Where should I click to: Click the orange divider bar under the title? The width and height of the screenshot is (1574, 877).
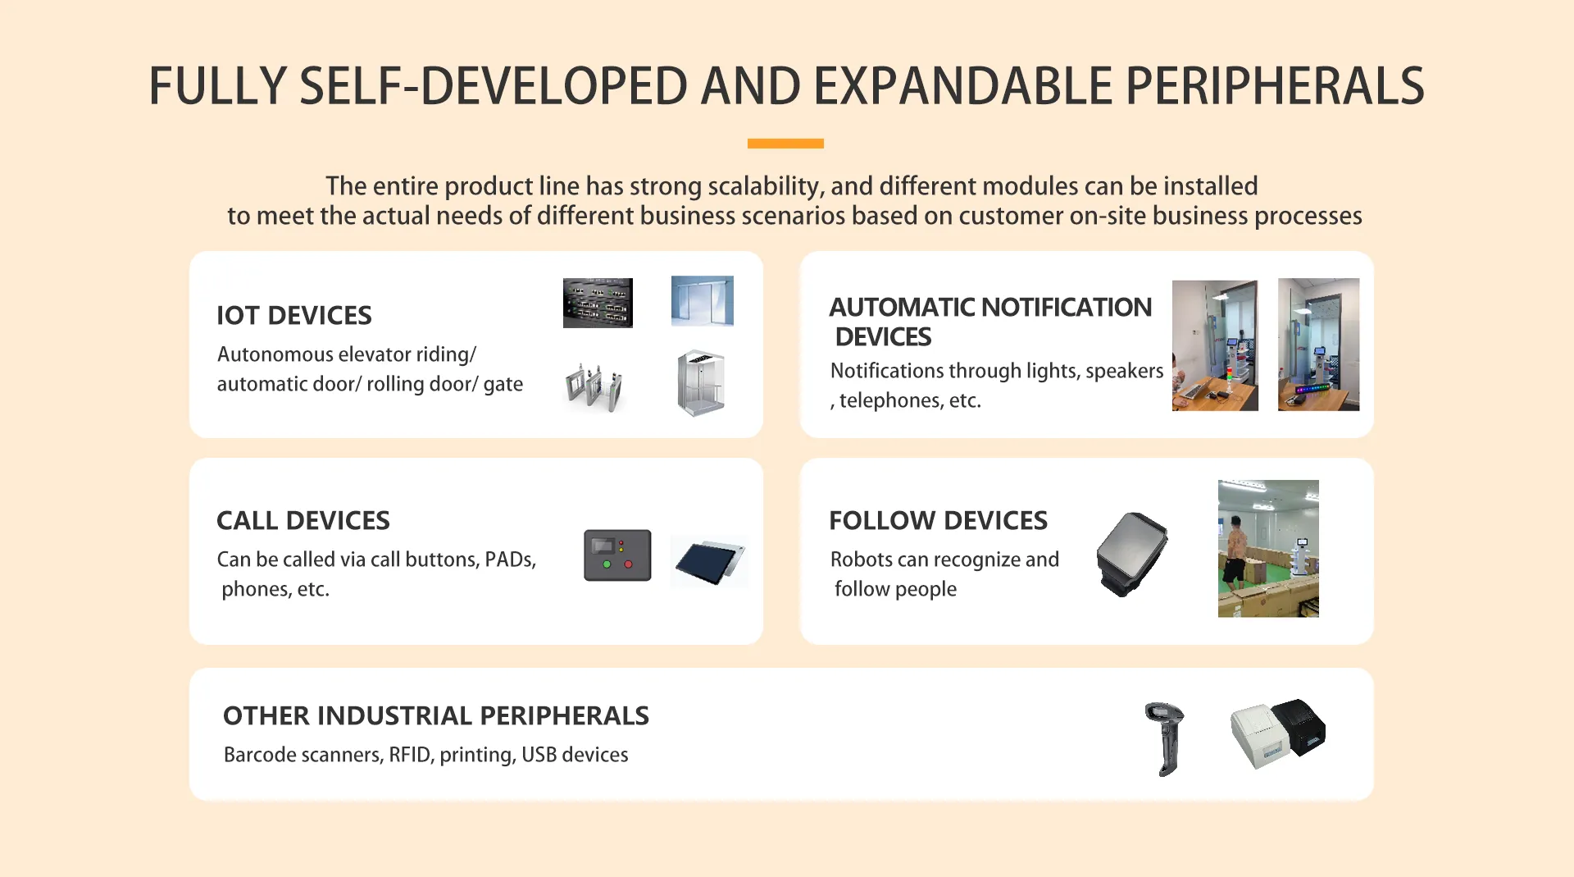(x=785, y=144)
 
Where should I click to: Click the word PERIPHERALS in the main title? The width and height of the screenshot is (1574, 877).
(x=1275, y=86)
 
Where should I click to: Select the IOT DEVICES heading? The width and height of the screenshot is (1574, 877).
(x=294, y=315)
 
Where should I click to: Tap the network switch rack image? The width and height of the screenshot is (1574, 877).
(x=598, y=303)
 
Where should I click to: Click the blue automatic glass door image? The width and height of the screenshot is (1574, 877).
(x=703, y=301)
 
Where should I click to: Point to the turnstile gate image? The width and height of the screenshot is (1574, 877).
(x=594, y=386)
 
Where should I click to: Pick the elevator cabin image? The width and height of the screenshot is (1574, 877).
(x=701, y=383)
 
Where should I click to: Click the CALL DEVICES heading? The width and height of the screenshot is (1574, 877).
(x=303, y=520)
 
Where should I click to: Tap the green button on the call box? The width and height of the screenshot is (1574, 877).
(x=607, y=564)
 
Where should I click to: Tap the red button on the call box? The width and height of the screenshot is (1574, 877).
(x=629, y=564)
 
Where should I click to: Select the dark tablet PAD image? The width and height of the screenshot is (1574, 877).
(x=709, y=562)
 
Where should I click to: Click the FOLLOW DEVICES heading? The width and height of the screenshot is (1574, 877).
(x=939, y=520)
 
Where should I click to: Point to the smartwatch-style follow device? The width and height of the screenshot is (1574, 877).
(x=1132, y=554)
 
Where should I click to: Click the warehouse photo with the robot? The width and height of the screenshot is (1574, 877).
(x=1268, y=548)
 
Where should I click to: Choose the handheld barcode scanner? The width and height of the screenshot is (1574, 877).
(x=1165, y=738)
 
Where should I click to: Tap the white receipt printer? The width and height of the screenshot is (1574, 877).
(x=1261, y=736)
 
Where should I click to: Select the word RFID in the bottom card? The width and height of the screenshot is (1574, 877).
(x=410, y=755)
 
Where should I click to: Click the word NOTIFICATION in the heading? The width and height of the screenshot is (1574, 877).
(x=1067, y=307)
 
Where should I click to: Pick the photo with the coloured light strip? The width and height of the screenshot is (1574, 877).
(x=1318, y=345)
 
